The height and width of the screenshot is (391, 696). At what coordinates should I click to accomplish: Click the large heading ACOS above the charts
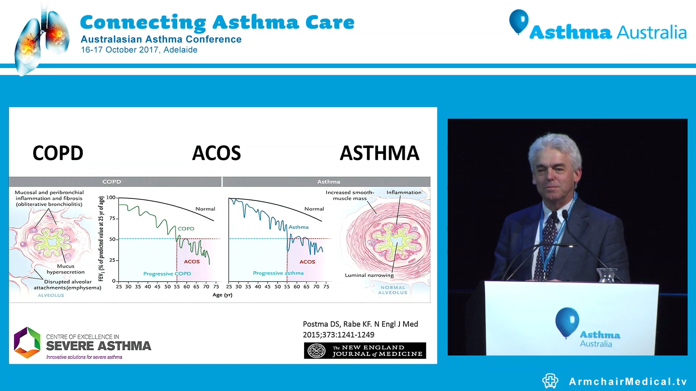tap(216, 153)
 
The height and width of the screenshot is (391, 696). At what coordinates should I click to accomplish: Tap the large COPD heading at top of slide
tap(58, 153)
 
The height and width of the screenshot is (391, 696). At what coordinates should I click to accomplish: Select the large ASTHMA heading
tap(380, 153)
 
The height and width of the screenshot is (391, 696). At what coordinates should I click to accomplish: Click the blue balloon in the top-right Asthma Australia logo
tap(518, 21)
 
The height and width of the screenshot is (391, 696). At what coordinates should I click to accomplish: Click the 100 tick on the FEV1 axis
tap(111, 198)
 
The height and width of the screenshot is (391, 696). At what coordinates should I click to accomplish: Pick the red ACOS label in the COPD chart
tap(192, 261)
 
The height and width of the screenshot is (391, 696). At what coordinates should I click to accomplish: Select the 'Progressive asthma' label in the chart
tap(278, 273)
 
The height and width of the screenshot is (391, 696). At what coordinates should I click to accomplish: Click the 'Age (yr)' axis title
tap(222, 295)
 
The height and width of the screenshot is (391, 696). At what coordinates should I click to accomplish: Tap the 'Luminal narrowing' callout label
tap(369, 275)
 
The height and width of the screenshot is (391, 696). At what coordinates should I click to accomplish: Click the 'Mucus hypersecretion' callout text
tap(66, 269)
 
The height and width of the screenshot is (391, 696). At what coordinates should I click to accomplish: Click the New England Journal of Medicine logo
tap(365, 350)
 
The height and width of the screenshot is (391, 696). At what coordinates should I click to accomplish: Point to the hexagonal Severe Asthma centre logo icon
tap(27, 342)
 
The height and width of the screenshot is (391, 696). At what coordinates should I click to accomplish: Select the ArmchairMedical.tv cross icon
tap(550, 381)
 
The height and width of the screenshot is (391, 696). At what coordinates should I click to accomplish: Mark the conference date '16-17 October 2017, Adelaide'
tap(139, 50)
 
